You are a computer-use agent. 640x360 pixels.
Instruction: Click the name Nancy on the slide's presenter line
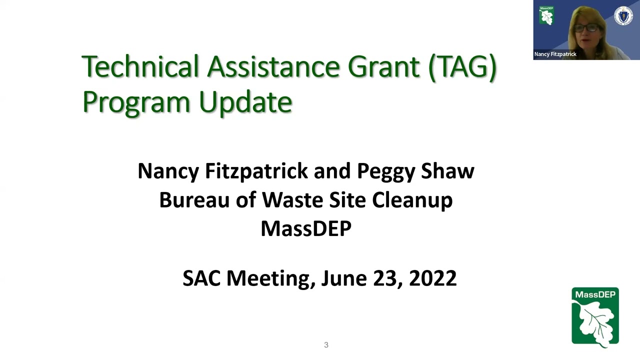click(x=168, y=171)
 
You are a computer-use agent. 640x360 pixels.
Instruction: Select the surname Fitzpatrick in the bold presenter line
click(x=256, y=171)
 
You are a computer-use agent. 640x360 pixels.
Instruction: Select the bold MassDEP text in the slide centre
click(x=306, y=228)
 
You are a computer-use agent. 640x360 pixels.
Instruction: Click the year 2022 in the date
click(x=432, y=278)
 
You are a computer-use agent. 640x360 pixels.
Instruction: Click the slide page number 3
click(x=326, y=345)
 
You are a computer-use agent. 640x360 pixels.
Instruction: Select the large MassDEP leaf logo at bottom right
click(x=595, y=316)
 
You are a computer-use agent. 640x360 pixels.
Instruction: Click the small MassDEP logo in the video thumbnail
click(x=546, y=15)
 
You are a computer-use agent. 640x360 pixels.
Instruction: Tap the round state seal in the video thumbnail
click(x=623, y=16)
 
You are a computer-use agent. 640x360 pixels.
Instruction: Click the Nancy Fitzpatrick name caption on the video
click(x=555, y=54)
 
